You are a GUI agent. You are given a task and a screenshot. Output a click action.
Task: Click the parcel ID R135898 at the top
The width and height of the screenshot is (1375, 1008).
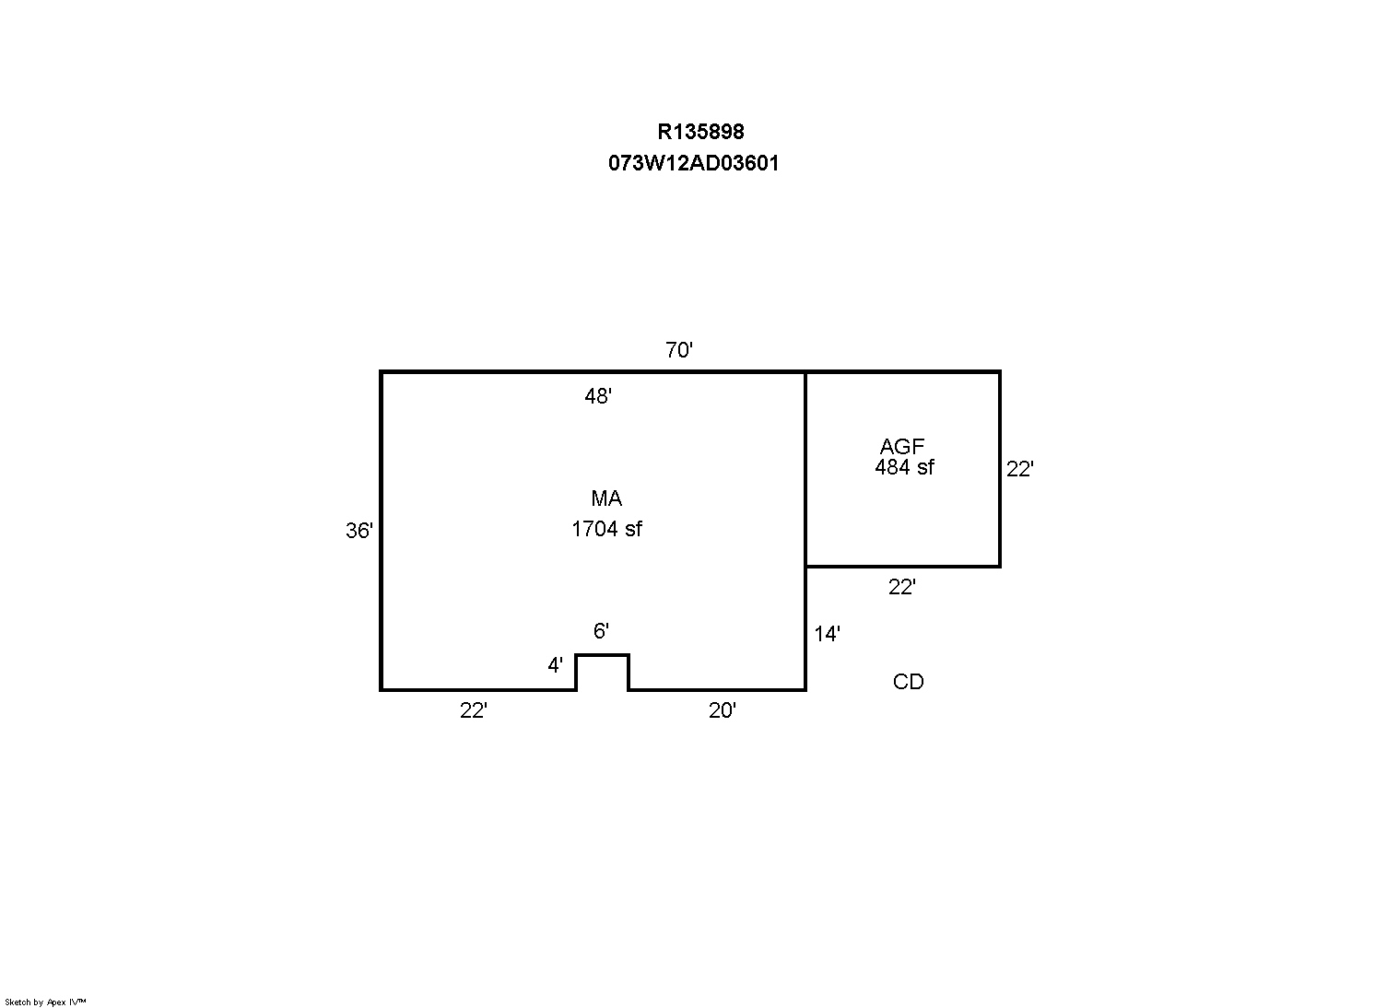click(700, 132)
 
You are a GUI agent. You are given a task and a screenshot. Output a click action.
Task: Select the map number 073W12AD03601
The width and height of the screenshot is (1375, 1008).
click(694, 163)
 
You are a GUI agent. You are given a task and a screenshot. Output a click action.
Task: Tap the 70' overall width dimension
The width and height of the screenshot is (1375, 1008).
click(679, 350)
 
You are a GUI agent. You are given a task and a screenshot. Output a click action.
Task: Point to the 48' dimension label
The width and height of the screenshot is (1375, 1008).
click(598, 396)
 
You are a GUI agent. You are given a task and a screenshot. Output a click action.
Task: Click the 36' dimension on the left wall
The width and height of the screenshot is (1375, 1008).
click(359, 531)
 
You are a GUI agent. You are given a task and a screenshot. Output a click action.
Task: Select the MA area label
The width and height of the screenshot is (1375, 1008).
click(606, 498)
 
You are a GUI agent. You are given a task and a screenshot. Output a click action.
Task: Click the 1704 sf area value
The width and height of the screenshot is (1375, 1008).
click(606, 529)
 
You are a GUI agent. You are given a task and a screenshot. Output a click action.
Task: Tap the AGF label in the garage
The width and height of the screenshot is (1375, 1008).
click(901, 446)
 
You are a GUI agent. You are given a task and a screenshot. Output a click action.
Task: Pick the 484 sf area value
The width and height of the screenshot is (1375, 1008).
click(904, 467)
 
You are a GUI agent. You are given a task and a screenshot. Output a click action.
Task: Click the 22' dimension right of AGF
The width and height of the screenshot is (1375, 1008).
click(1019, 469)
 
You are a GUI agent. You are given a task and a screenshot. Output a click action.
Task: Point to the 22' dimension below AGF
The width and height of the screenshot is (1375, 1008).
click(901, 587)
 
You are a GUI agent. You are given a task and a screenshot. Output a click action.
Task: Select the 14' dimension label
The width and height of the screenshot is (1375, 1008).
click(827, 634)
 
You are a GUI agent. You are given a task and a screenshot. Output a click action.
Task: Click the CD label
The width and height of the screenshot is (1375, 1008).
click(908, 682)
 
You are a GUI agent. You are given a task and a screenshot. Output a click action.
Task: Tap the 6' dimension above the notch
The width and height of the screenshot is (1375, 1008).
click(600, 630)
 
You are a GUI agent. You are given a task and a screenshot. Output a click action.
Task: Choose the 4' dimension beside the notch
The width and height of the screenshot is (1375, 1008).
click(555, 665)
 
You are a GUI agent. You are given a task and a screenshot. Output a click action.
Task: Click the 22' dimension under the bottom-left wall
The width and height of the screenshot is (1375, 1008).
click(474, 710)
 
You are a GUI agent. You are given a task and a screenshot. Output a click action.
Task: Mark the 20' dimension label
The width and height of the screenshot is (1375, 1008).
click(722, 710)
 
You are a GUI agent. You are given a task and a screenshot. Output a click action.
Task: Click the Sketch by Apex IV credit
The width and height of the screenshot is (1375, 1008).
click(45, 1002)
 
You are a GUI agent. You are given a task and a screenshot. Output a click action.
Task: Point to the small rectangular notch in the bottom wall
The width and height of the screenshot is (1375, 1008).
click(602, 655)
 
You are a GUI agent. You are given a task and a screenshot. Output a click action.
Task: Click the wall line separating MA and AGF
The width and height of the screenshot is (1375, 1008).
click(805, 469)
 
